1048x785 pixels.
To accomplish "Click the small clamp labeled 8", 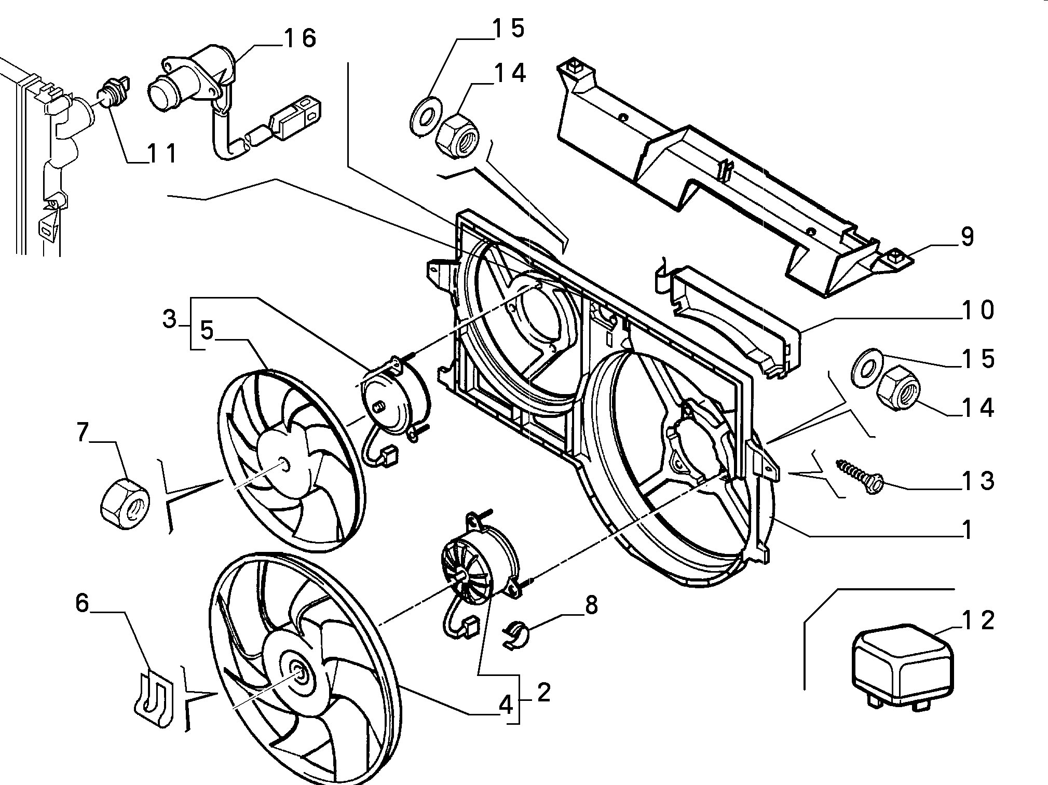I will click(x=513, y=635).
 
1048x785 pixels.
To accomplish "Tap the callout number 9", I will click(x=967, y=238).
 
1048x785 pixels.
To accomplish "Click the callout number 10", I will click(x=978, y=310).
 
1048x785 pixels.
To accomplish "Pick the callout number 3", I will click(x=170, y=319).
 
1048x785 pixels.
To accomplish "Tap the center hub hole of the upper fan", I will click(x=283, y=462).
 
